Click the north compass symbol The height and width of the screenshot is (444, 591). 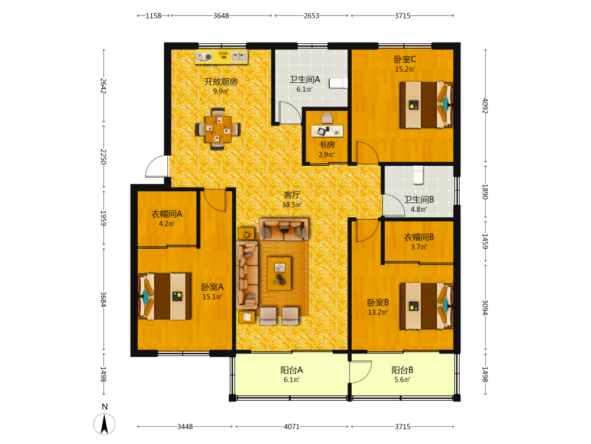pos(105,424)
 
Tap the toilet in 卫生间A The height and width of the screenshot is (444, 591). pos(338,83)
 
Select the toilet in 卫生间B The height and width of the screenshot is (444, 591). pos(418,175)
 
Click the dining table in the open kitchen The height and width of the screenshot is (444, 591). pos(218,129)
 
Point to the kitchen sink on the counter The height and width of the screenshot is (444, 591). pos(239,57)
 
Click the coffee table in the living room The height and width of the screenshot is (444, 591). pos(280,274)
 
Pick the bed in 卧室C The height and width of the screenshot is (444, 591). pos(426,105)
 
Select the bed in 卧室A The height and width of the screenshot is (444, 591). pos(164,297)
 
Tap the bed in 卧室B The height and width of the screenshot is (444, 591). pos(426,306)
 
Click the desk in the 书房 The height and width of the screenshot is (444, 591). pos(327,131)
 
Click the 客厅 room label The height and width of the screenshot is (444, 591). pos(292,195)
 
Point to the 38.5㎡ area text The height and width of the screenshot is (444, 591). pos(292,205)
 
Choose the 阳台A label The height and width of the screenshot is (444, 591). pos(292,370)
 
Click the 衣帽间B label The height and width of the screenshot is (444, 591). pos(419,237)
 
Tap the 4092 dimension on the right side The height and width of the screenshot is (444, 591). pos(485,106)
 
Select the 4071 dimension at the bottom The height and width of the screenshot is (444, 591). pos(292,427)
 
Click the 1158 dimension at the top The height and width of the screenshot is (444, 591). pos(154,16)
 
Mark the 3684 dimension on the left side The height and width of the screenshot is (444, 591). pos(103,300)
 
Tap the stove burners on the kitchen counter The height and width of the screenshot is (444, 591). pos(204,57)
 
